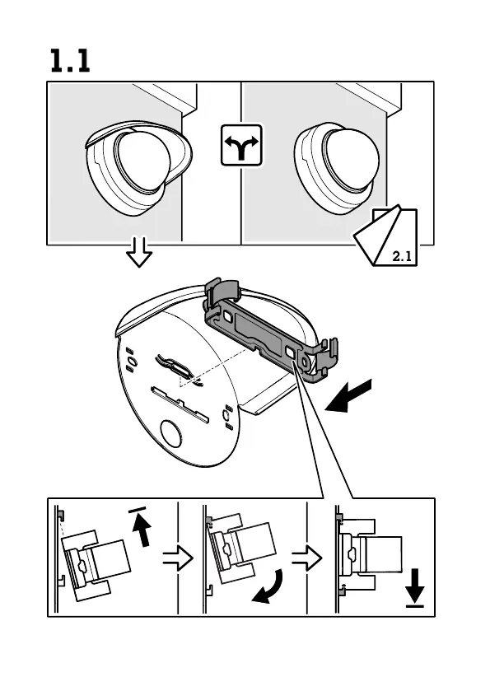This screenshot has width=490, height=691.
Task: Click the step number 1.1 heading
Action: pyautogui.click(x=70, y=60)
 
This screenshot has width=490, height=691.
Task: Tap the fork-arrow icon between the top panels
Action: pyautogui.click(x=241, y=145)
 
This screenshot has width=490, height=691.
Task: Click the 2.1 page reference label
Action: pyautogui.click(x=402, y=256)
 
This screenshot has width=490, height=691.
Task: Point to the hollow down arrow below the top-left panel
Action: pyautogui.click(x=139, y=253)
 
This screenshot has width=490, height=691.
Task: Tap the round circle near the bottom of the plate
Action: pyautogui.click(x=170, y=433)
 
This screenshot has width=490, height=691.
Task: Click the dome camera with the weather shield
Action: pyautogui.click(x=138, y=167)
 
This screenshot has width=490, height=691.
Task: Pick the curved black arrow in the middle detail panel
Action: pyautogui.click(x=268, y=586)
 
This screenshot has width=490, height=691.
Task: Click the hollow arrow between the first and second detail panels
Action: pyautogui.click(x=178, y=558)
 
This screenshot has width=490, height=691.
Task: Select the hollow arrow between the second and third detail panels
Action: pyautogui.click(x=307, y=558)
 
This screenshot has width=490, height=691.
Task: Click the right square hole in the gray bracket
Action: pyautogui.click(x=291, y=353)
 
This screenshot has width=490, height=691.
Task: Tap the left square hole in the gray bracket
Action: pyautogui.click(x=229, y=317)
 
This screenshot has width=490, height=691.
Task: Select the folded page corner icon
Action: pyautogui.click(x=385, y=236)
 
